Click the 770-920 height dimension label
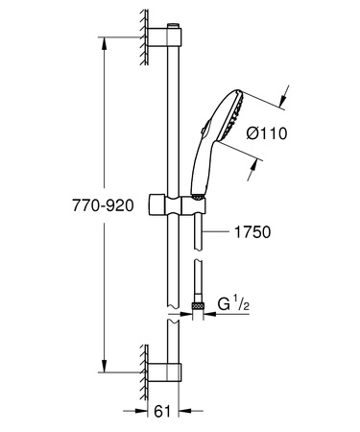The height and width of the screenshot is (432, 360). coord(103,205)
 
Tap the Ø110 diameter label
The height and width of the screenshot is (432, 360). coord(267,132)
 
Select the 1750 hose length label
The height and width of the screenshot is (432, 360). coord(252,231)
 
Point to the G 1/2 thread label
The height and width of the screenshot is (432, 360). coord(233,303)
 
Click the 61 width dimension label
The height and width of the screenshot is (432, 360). coord(162,411)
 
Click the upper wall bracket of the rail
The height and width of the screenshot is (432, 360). coord(164,36)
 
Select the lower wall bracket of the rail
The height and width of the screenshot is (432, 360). coord(164,372)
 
